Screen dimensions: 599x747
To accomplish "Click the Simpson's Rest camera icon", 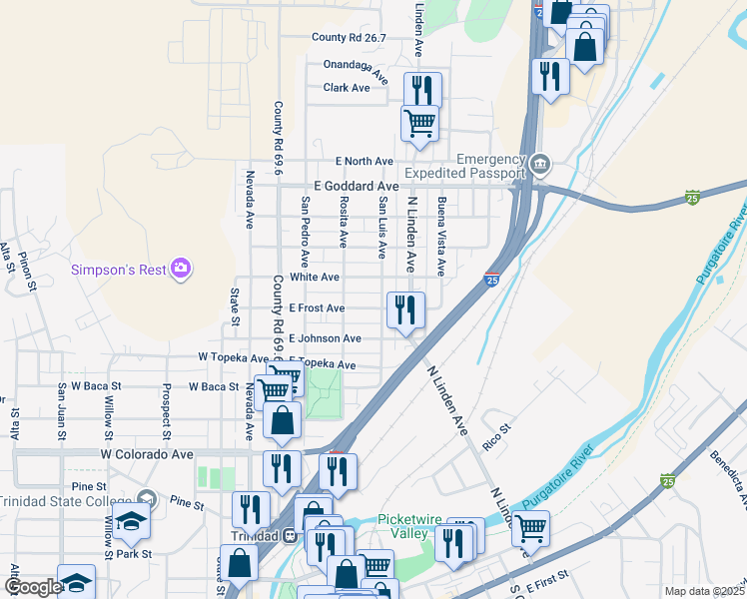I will coord(181,268).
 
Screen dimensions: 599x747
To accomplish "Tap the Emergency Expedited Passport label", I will coord(490,167).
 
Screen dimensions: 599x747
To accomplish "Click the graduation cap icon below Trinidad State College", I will coord(131,523).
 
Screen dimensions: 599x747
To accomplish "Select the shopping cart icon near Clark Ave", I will coord(420,123).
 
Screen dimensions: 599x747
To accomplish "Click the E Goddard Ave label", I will coord(356,186).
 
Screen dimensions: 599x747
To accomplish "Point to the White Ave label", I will coord(315,277).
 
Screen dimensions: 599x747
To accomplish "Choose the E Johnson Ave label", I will coord(325,338).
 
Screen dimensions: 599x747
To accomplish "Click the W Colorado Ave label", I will coord(146,453).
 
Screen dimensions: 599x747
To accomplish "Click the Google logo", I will coord(32,587).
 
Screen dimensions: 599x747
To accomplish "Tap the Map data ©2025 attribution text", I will coord(703,590).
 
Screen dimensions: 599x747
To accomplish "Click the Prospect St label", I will coord(162,410).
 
